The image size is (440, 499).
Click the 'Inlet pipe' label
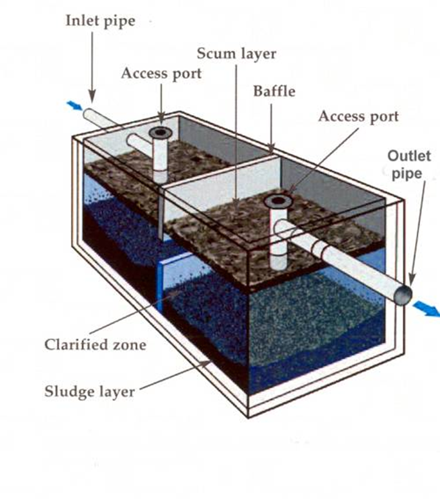[x=100, y=21]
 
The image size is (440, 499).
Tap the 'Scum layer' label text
[x=236, y=54]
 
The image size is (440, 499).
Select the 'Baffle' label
[x=274, y=91]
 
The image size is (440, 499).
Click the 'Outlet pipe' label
[x=408, y=164]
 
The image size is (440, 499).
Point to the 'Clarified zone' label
[x=95, y=344]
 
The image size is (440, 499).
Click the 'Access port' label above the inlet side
[x=161, y=73]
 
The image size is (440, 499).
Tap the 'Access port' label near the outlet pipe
[x=358, y=117]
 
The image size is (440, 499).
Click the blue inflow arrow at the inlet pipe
[x=74, y=106]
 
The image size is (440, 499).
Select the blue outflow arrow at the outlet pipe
[x=426, y=307]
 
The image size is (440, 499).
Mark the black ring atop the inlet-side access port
[x=161, y=132]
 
